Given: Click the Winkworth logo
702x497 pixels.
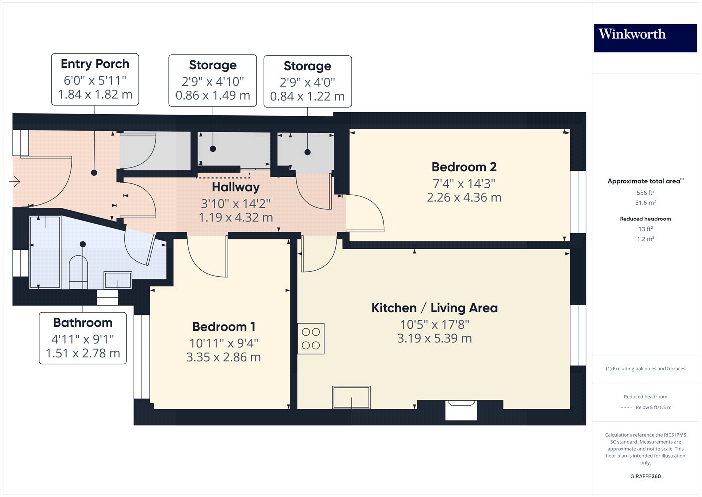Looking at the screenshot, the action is point(645,38).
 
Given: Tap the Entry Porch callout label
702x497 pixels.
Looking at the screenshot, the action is point(95,79).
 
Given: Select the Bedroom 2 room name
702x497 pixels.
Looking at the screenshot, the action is point(464,167).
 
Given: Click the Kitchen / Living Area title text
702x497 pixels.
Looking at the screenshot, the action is point(434,308).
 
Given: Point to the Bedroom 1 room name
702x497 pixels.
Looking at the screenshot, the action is point(224,327).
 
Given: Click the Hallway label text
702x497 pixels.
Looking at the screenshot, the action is point(236,187).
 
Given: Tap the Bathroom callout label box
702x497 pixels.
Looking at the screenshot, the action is point(83,338).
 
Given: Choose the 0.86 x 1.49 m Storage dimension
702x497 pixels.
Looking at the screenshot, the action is point(213,95).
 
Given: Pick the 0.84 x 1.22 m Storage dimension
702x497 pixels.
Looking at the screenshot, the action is point(307,96).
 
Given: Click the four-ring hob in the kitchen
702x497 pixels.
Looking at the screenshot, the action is point(311,338).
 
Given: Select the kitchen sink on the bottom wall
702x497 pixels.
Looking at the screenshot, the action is point(352,397).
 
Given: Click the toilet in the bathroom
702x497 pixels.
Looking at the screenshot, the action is point(78,272).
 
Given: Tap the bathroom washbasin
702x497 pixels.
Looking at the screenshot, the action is point(118,280).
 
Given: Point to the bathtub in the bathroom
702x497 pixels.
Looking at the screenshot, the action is point(45,252).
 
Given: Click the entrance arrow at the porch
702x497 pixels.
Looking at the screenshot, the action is point(15,181).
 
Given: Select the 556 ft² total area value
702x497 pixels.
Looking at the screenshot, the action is point(645,193).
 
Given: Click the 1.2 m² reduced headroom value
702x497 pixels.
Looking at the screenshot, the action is point(646,239).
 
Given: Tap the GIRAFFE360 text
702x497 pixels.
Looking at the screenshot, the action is point(646,476).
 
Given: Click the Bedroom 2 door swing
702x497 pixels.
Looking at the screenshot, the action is point(365,213).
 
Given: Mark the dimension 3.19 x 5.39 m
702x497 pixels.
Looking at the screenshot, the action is point(434,338).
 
